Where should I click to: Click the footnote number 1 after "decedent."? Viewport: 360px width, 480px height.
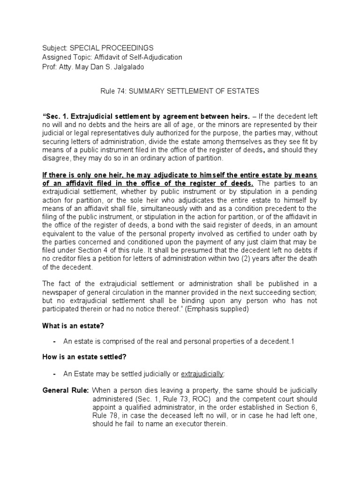292,342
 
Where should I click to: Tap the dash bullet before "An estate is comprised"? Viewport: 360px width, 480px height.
55,342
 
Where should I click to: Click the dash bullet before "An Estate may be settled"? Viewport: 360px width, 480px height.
55,374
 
